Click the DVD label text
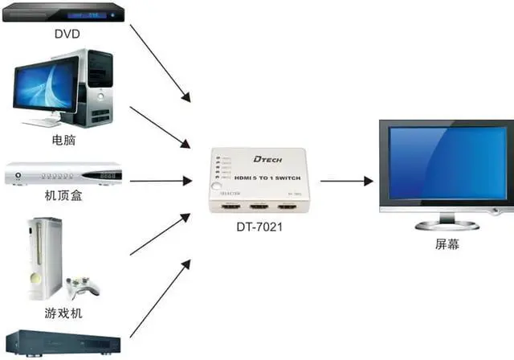click(67, 34)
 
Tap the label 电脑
click(63, 139)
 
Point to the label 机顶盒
click(63, 195)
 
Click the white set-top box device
click(64, 174)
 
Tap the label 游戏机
click(63, 312)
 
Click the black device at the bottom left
click(64, 344)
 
